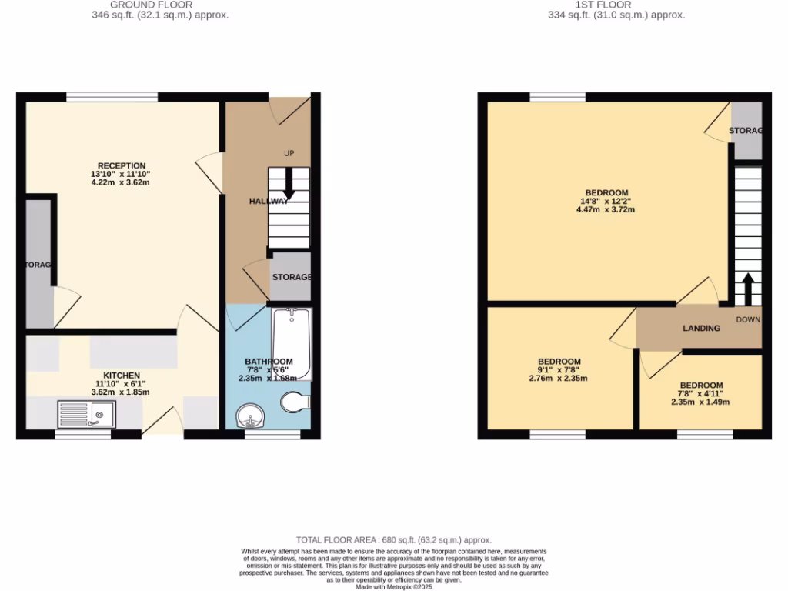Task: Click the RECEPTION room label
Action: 122,165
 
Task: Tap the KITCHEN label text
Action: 122,376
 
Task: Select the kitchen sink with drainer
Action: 85,415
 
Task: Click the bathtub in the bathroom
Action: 291,344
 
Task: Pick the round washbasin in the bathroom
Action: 250,416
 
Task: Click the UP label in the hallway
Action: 289,153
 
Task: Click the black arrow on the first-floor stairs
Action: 746,289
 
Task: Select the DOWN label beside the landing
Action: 747,319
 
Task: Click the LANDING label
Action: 702,329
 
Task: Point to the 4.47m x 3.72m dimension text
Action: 606,210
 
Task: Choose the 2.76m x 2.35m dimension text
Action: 559,379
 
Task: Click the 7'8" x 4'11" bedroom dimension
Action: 701,394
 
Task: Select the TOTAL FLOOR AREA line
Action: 393,540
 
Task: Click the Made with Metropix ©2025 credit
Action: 393,586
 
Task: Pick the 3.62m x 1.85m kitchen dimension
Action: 120,392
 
